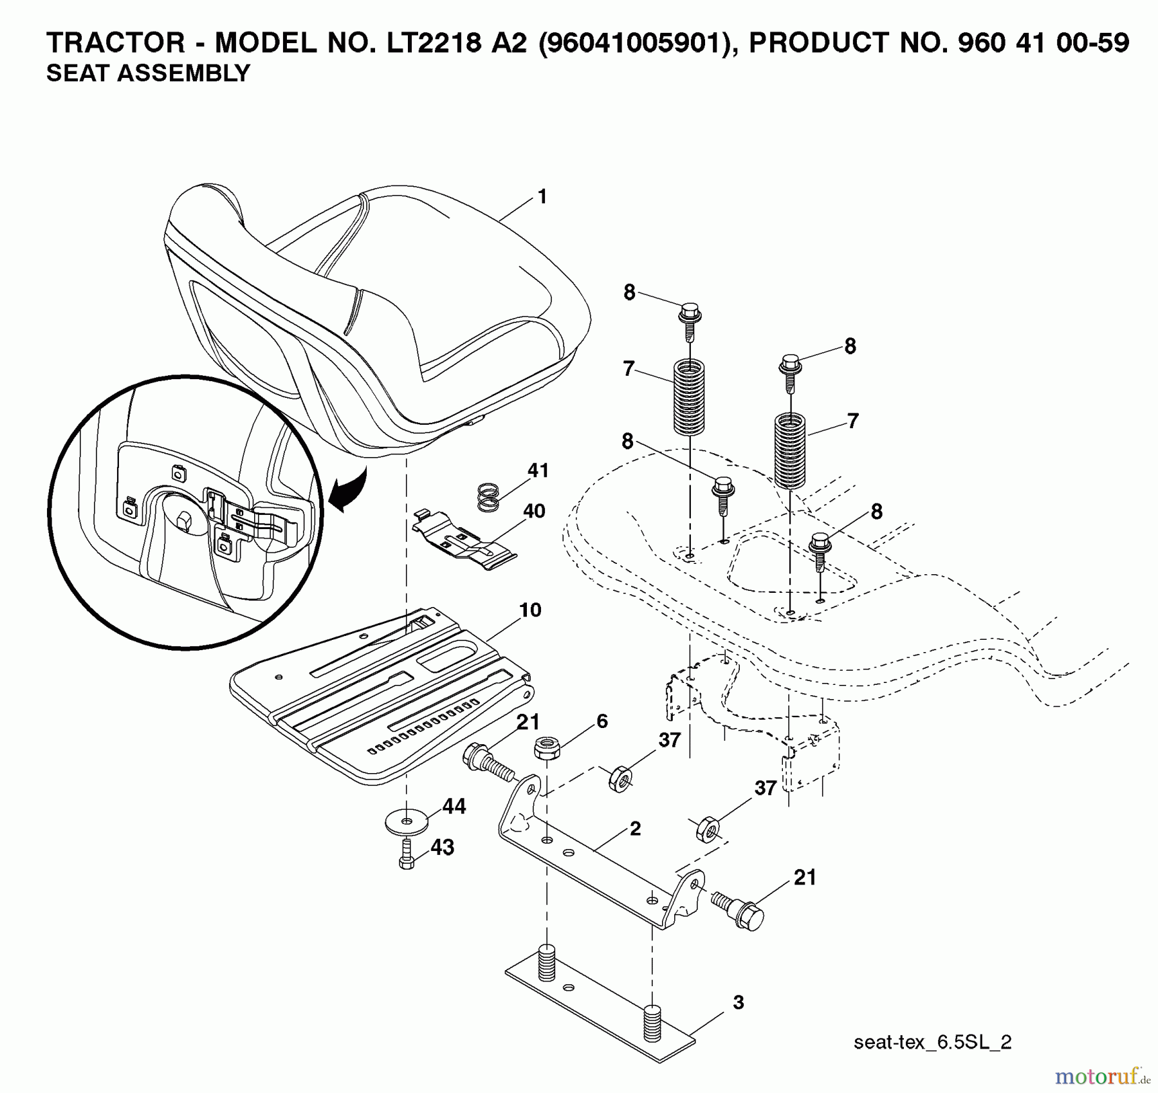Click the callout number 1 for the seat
[x=542, y=197]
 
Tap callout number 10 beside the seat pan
[x=530, y=610]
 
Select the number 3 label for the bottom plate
[x=738, y=1002]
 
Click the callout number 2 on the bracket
[x=635, y=828]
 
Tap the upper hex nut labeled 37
[x=619, y=779]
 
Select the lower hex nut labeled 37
[x=706, y=830]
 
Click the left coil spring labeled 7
[x=689, y=397]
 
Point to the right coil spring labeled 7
[x=789, y=451]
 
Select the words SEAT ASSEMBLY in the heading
[x=148, y=73]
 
